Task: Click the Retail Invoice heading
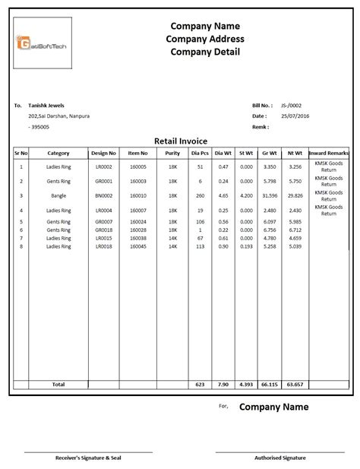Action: pyautogui.click(x=180, y=141)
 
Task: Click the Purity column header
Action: pyautogui.click(x=172, y=153)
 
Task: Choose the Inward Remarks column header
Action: pyautogui.click(x=329, y=153)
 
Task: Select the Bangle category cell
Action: pyautogui.click(x=58, y=195)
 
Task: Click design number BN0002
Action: pyautogui.click(x=103, y=195)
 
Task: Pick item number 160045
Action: pyautogui.click(x=138, y=246)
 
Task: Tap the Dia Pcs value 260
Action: pyautogui.click(x=200, y=195)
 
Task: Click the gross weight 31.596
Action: pyautogui.click(x=269, y=195)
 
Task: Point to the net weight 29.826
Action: pyautogui.click(x=295, y=195)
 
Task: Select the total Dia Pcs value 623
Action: pyautogui.click(x=200, y=385)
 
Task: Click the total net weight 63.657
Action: pyautogui.click(x=295, y=385)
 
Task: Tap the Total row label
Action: pyautogui.click(x=58, y=385)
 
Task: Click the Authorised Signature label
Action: pyautogui.click(x=280, y=458)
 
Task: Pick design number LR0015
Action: pyautogui.click(x=103, y=238)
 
